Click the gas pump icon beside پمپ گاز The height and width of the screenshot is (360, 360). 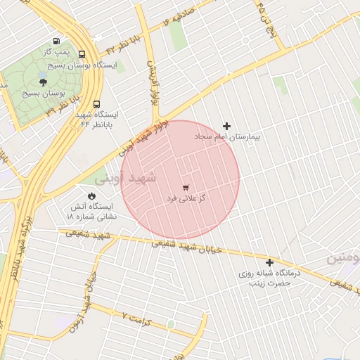56,41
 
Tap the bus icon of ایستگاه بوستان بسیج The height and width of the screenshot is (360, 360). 82,54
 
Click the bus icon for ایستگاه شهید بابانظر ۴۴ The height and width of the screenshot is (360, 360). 96,101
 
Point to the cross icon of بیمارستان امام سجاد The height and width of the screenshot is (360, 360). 226,126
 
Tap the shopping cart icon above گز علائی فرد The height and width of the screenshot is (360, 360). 186,188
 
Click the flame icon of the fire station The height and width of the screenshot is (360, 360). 91,195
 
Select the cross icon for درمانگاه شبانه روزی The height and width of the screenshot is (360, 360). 269,262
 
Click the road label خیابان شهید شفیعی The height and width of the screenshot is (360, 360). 188,247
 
